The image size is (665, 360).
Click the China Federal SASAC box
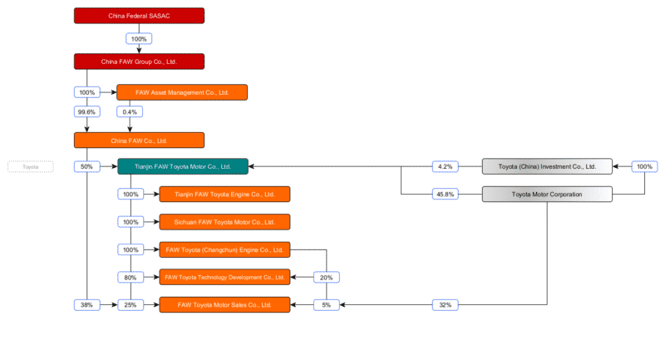pos(139,16)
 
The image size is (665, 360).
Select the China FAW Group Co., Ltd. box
pos(139,61)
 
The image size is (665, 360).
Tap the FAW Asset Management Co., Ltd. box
pos(182,92)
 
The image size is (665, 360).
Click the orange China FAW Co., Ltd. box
pos(139,141)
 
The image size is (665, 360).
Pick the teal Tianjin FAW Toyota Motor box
pos(182,166)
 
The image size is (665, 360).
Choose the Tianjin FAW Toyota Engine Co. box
pos(224,195)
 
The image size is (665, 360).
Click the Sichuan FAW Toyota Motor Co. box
pos(224,222)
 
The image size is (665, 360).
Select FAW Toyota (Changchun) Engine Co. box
pos(224,249)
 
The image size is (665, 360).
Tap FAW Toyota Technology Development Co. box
pos(224,277)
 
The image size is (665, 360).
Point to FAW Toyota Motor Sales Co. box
pos(224,305)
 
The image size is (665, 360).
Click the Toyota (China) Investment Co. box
pos(547,166)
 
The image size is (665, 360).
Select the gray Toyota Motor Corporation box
pos(547,195)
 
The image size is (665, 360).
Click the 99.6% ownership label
pos(86,111)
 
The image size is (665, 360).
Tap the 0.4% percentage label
pos(130,111)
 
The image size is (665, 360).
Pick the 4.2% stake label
pos(445,166)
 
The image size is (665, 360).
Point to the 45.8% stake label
pos(445,195)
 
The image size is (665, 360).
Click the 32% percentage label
pos(445,305)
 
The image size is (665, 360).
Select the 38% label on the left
pos(86,305)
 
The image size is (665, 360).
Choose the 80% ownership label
pos(130,277)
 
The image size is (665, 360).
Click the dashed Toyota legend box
pos(31,166)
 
